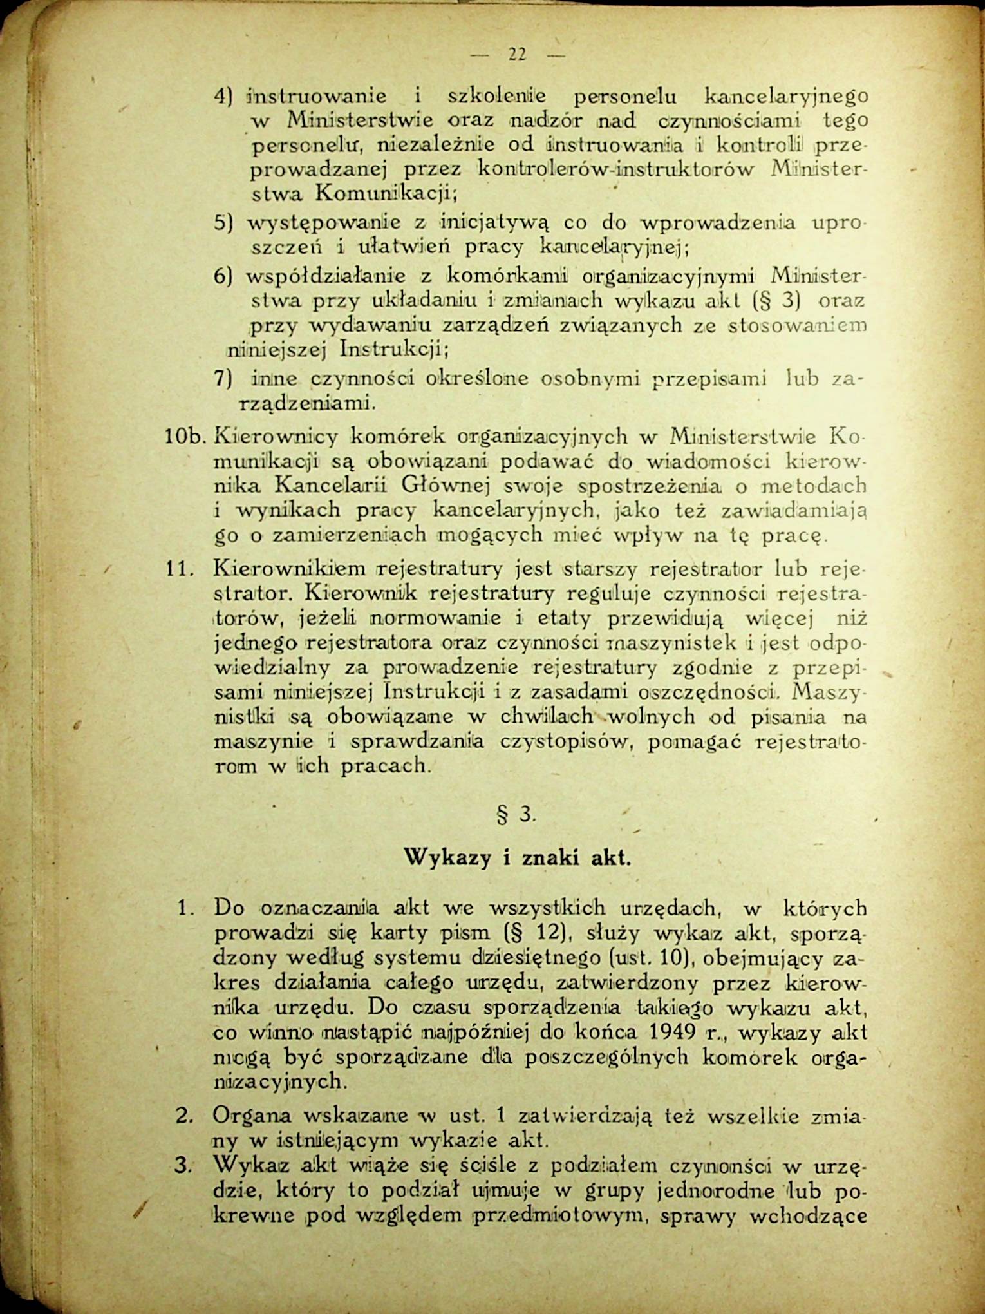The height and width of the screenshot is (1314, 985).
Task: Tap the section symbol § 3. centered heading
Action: tap(516, 815)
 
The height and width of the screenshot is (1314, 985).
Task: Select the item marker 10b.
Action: tap(184, 437)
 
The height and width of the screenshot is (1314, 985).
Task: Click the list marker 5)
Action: tap(222, 224)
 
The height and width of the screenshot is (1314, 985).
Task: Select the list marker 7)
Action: tap(223, 379)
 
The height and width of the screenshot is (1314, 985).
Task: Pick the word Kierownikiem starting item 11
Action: tap(289, 569)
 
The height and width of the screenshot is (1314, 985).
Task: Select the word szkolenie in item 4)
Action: tap(496, 97)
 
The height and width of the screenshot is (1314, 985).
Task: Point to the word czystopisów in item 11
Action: tap(567, 741)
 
